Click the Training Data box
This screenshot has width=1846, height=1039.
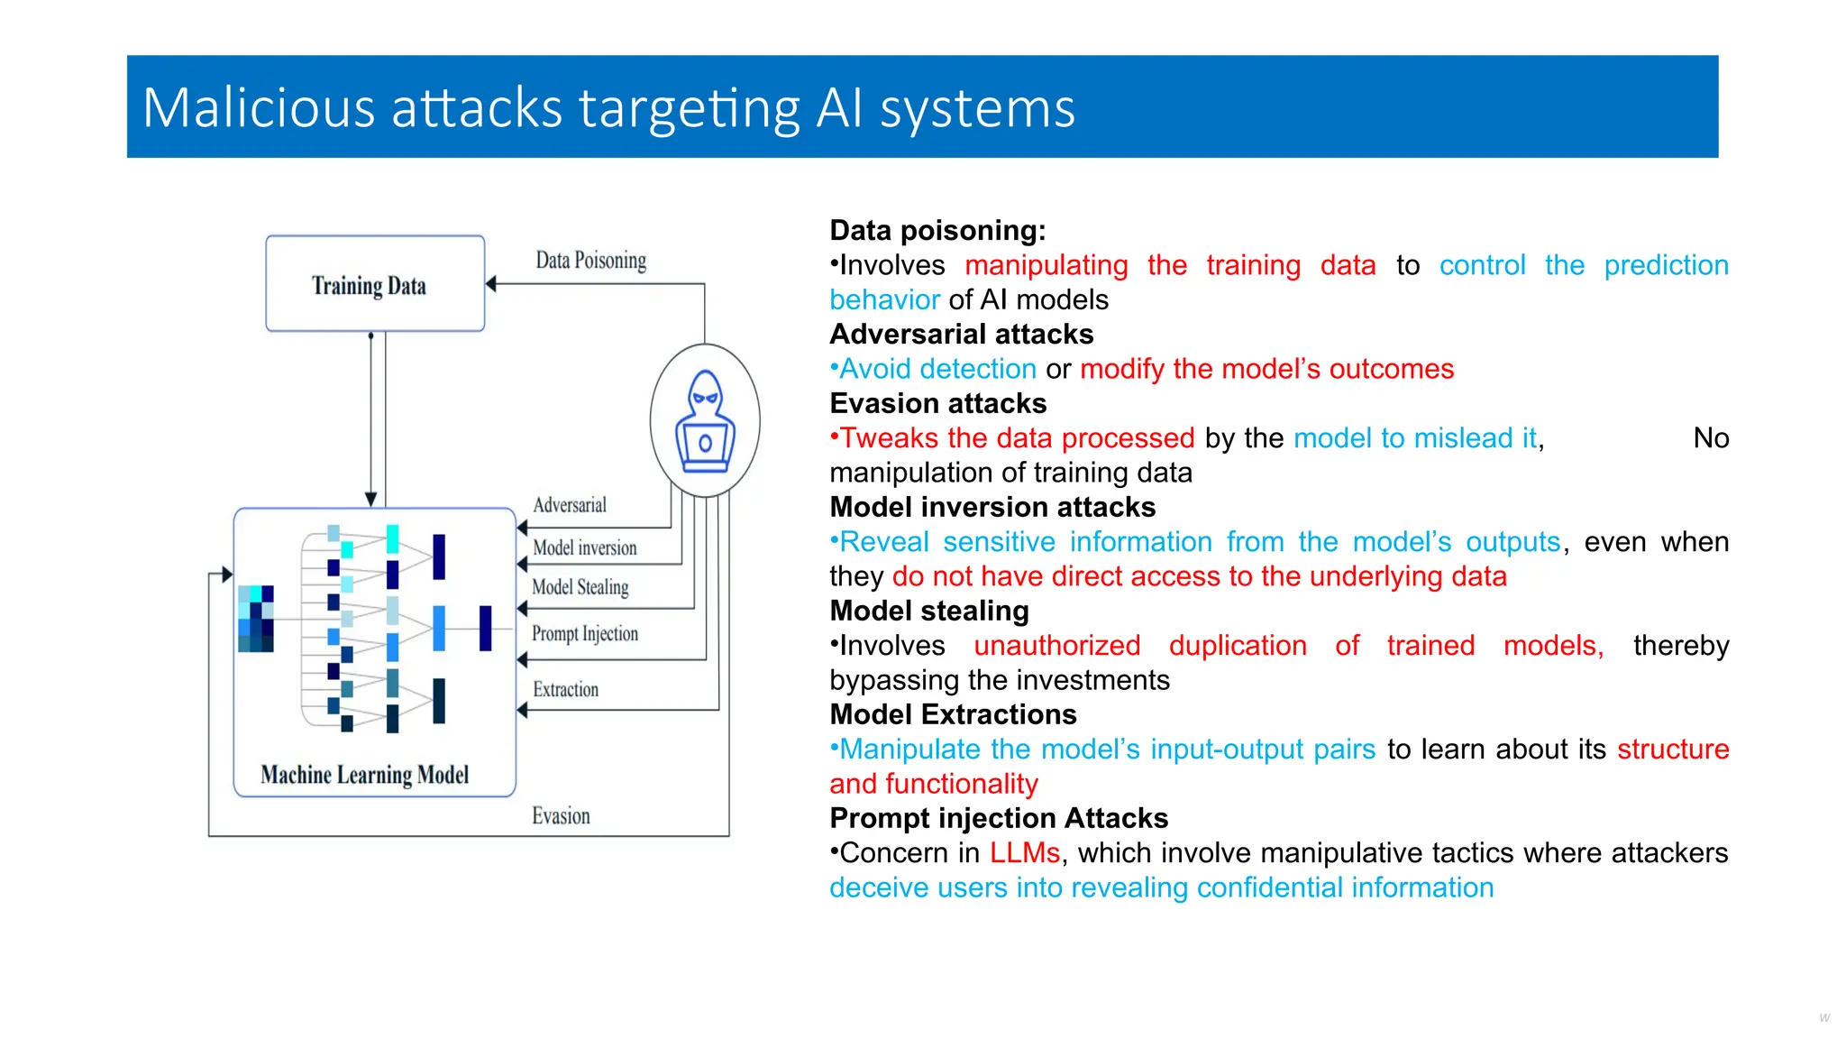point(375,284)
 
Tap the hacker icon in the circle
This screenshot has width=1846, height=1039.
point(705,421)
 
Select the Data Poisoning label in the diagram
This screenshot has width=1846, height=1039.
point(590,261)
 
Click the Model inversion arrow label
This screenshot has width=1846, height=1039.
point(584,547)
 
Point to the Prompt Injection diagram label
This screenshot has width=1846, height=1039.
point(584,633)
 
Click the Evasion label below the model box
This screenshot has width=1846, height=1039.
point(561,816)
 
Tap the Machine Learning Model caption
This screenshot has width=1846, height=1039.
point(365,775)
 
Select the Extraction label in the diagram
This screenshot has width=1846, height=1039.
point(565,690)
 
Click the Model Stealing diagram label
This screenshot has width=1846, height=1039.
point(580,587)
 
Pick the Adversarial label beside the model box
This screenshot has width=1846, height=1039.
point(570,505)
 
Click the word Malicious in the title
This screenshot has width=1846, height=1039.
point(258,108)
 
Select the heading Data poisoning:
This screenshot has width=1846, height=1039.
point(937,231)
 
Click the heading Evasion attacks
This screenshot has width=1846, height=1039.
point(937,403)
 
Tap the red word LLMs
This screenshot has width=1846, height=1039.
point(1024,853)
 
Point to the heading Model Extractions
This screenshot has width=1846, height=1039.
point(953,714)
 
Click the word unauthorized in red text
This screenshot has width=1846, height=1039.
point(1056,646)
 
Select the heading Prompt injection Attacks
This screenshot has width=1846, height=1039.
point(999,818)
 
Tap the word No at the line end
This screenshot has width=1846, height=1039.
point(1710,438)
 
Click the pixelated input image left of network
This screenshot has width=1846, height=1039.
point(256,619)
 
